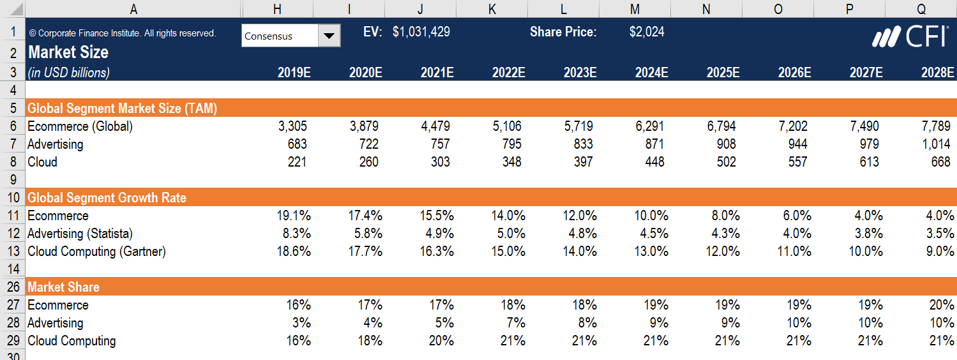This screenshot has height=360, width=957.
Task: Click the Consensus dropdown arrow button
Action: (329, 36)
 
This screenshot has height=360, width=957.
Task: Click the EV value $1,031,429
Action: (421, 32)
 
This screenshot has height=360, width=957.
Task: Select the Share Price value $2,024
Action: (646, 32)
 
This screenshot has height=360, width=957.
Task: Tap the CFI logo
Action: (910, 37)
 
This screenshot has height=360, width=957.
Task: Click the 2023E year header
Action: (580, 73)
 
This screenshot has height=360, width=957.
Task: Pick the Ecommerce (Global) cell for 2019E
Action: (292, 126)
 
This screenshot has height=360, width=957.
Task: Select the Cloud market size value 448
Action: (652, 162)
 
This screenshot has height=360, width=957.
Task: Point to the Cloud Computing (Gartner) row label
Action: (96, 251)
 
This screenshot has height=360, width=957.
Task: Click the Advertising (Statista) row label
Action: (80, 234)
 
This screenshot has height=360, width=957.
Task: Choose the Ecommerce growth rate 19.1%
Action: (294, 216)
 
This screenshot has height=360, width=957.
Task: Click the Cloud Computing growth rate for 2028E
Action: (940, 251)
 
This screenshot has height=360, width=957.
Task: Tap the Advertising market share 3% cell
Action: (301, 323)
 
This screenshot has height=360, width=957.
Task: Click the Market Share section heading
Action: (63, 287)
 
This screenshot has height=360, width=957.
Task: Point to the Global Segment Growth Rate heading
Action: (107, 198)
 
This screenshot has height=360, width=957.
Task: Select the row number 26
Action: (13, 287)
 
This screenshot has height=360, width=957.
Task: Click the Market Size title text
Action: (68, 52)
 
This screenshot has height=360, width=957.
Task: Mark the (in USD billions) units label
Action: (68, 73)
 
